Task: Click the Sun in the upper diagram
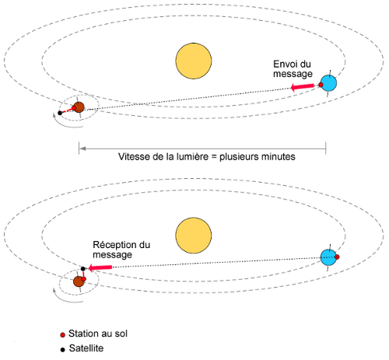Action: (194, 61)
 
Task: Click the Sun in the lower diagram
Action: (194, 236)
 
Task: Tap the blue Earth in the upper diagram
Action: (328, 83)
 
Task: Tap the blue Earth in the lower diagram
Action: (328, 257)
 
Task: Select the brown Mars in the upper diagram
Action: (79, 107)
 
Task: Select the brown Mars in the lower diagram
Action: (79, 281)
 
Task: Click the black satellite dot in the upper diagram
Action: (60, 113)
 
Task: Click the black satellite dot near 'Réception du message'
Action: (83, 269)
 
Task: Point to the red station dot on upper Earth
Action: (321, 85)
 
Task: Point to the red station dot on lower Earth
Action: (337, 257)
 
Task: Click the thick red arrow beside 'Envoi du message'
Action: (302, 87)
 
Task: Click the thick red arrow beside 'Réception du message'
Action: (100, 267)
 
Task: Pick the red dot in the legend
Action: (62, 335)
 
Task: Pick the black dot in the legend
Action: (62, 350)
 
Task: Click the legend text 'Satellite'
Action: (86, 348)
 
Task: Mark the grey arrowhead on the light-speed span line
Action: (82, 149)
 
